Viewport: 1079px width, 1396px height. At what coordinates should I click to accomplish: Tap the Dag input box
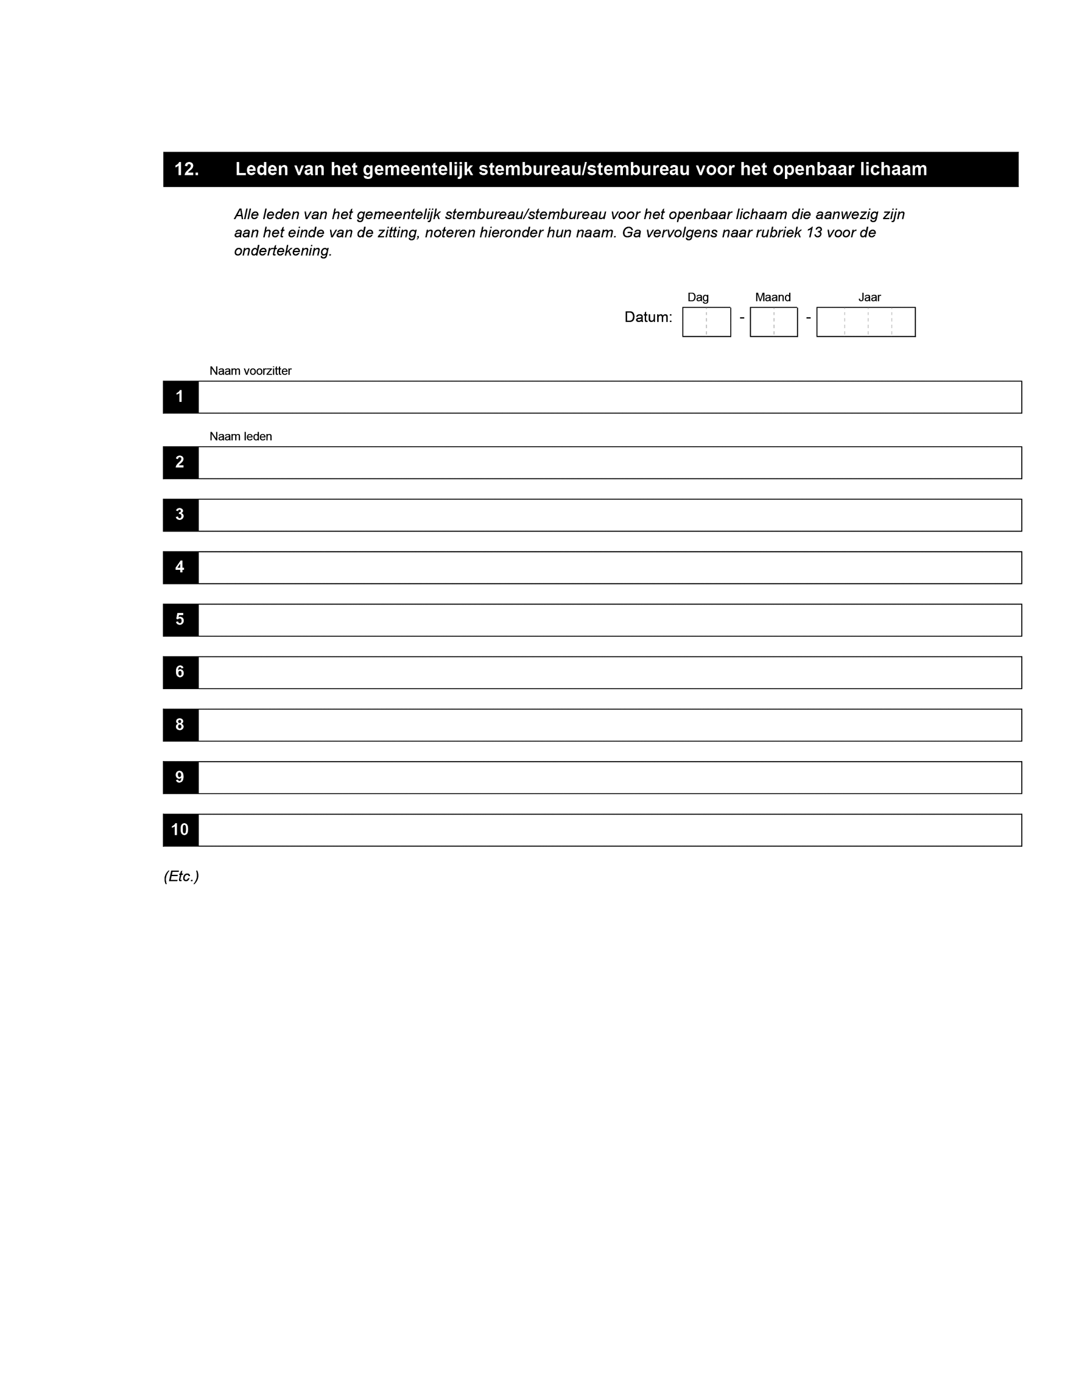click(706, 321)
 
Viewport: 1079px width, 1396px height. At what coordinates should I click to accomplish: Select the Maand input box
click(773, 321)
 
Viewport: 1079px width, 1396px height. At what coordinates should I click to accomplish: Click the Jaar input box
click(865, 321)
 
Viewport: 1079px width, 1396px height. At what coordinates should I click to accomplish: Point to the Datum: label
click(647, 317)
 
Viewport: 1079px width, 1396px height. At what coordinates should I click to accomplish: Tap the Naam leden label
click(241, 437)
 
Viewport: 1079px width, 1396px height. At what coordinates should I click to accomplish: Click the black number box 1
click(180, 397)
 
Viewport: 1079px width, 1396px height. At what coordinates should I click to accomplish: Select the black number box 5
click(180, 619)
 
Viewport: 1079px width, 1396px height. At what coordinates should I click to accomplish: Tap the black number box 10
click(180, 830)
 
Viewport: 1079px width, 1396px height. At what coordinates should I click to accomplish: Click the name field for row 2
click(609, 463)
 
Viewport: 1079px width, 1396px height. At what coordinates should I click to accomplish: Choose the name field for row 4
click(609, 567)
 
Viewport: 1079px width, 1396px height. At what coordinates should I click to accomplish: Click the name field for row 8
click(609, 725)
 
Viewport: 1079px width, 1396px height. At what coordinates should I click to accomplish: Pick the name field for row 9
click(609, 777)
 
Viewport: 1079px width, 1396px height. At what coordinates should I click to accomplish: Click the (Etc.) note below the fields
click(181, 876)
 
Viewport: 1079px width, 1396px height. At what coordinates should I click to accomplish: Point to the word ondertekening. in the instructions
click(283, 251)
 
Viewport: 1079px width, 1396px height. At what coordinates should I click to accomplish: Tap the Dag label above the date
click(697, 297)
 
